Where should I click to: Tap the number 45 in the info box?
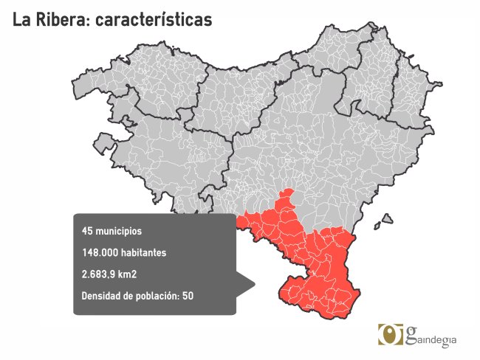point(87,231)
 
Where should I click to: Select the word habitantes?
point(144,253)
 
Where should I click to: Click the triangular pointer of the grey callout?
point(246,283)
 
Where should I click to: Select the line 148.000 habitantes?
point(124,253)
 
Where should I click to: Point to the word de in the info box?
point(132,297)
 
